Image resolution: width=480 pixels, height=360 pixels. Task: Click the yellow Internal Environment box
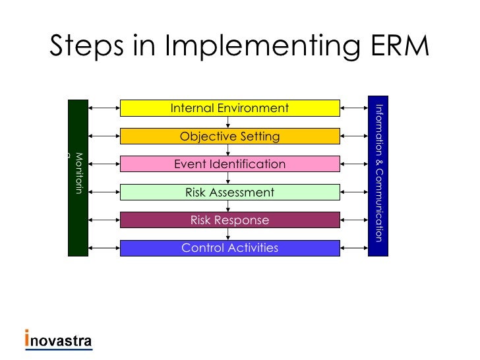point(229,108)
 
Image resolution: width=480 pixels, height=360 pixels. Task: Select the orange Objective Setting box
point(229,136)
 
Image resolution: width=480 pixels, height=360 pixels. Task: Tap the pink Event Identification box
point(229,164)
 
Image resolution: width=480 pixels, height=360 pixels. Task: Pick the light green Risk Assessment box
point(229,193)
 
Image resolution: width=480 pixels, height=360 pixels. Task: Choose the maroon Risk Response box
point(229,220)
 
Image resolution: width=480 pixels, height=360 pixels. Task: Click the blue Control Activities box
point(229,249)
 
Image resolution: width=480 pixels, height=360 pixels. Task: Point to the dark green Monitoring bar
point(78,177)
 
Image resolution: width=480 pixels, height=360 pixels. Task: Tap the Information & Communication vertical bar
point(378,177)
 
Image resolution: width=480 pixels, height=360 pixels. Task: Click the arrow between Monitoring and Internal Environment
point(104,108)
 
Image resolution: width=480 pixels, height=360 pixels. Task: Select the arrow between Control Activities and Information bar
point(354,249)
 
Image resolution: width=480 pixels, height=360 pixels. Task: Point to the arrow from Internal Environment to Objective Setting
point(228,122)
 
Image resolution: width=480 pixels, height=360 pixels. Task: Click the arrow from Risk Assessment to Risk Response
point(228,206)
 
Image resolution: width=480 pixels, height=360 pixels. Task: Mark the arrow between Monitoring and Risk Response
point(104,220)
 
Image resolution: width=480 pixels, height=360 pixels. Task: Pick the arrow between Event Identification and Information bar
point(354,164)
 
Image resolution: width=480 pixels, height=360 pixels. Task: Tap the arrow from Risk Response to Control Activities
point(228,234)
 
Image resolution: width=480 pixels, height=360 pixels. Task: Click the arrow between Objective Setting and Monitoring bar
point(104,136)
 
